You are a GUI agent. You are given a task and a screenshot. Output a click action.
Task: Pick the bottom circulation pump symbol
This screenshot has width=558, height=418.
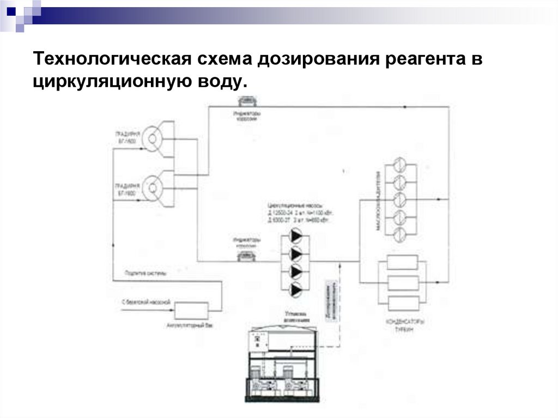[296, 289]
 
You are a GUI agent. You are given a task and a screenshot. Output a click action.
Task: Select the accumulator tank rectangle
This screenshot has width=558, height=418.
[191, 311]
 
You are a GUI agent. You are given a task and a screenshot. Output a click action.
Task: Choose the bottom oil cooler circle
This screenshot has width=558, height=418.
[399, 234]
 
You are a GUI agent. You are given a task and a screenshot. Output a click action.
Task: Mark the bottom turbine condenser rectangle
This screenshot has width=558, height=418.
[402, 302]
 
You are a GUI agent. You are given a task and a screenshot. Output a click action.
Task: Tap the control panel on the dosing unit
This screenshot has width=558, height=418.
[257, 341]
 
